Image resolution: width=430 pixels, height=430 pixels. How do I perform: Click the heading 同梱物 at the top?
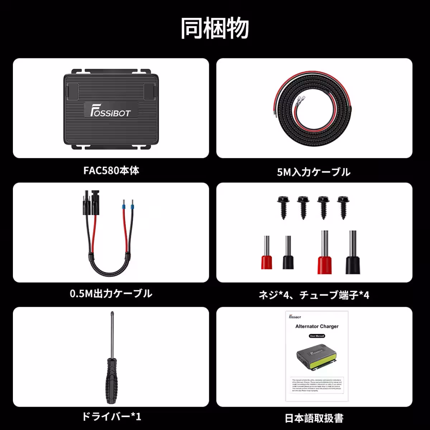click(x=215, y=28)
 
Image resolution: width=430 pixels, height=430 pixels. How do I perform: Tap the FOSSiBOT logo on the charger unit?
click(x=110, y=110)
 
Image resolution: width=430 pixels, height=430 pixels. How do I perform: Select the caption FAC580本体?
click(x=111, y=170)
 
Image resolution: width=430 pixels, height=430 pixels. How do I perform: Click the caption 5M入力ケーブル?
click(x=314, y=172)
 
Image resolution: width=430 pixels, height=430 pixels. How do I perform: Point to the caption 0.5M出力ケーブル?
click(x=111, y=294)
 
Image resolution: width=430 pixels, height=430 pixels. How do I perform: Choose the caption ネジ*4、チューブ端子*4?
click(x=314, y=295)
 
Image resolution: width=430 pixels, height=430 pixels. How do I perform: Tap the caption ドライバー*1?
click(x=111, y=417)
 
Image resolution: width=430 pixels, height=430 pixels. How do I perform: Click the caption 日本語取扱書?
click(x=314, y=418)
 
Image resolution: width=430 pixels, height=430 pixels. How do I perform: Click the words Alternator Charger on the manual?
click(x=317, y=326)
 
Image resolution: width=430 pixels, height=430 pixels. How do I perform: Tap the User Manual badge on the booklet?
click(x=317, y=336)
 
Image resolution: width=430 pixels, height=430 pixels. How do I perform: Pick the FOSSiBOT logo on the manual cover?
click(x=295, y=317)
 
